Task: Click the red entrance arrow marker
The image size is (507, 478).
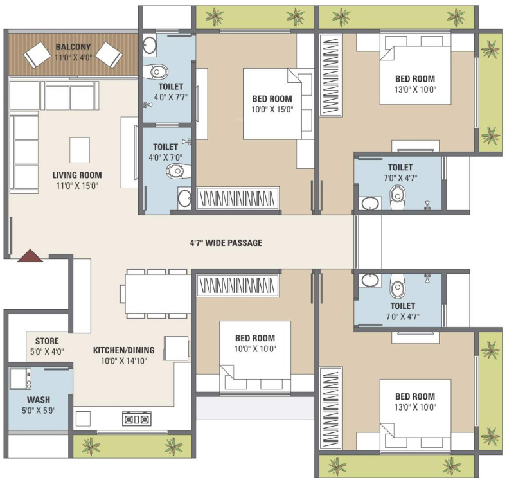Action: click(x=30, y=256)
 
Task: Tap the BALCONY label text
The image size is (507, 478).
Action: click(x=73, y=47)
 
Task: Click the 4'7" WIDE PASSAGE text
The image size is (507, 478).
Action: click(x=226, y=243)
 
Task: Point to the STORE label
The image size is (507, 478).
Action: click(x=47, y=341)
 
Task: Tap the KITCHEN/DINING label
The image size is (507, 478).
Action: click(x=124, y=350)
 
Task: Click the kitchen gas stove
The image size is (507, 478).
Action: click(x=136, y=419)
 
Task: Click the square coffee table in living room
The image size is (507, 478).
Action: click(x=80, y=150)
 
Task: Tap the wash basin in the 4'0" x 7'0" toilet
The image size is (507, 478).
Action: click(x=184, y=197)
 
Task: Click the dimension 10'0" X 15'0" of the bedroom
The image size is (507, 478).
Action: click(x=272, y=110)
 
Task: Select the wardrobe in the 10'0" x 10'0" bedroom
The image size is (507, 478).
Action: click(x=238, y=283)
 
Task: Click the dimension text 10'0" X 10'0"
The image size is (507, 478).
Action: click(x=254, y=349)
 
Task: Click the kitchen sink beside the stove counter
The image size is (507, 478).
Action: click(x=83, y=419)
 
